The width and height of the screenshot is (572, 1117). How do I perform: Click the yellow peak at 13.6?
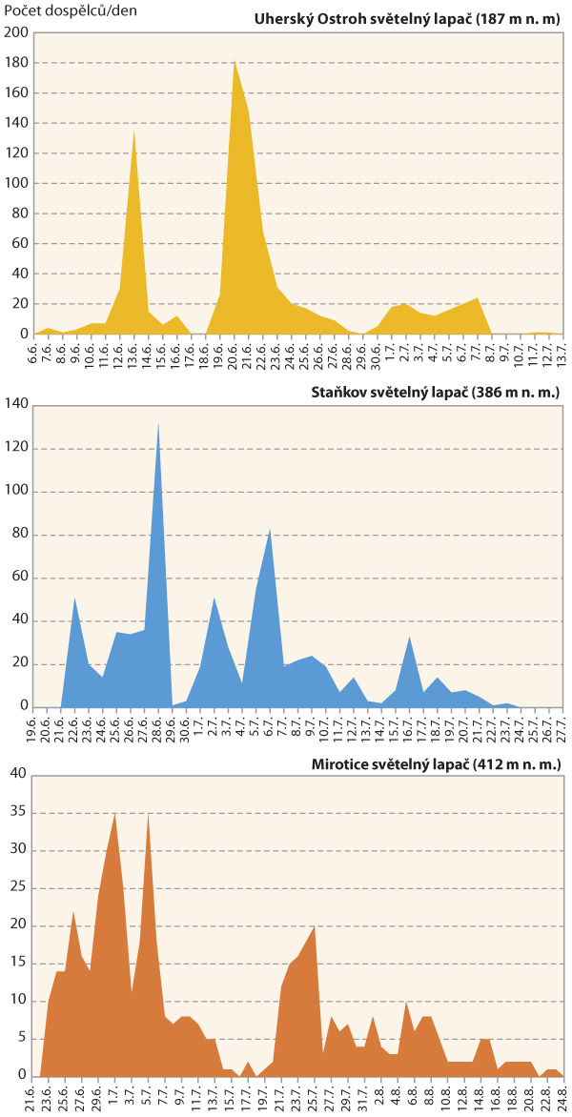click(x=133, y=131)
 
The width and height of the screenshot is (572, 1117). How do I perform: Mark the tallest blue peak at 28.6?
click(x=158, y=423)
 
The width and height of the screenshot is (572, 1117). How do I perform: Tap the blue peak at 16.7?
click(x=409, y=637)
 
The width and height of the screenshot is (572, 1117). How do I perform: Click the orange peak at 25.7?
click(x=315, y=926)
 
